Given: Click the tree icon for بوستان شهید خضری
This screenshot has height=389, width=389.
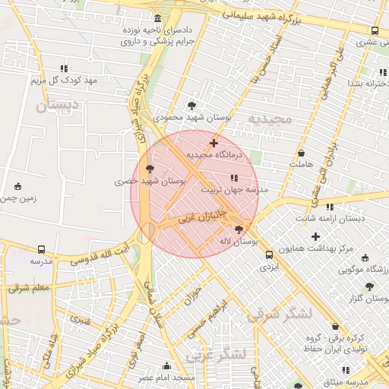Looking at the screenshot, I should point(150,168).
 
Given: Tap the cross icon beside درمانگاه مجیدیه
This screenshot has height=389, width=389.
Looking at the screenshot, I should point(213,142).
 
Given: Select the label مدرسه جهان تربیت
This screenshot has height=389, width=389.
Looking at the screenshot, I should point(235,191).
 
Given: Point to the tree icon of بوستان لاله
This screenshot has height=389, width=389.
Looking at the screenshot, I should point(240,229).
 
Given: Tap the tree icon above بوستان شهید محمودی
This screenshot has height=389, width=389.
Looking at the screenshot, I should point(191,106).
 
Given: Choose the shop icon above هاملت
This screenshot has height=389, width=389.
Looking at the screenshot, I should point(301,152).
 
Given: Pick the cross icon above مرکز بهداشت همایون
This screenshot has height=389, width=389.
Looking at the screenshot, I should point(315,236).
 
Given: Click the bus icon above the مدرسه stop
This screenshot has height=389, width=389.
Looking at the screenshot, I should point(41,248).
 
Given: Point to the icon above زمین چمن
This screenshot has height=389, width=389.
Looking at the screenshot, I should point(18,186).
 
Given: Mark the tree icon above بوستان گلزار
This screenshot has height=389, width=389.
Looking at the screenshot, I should point(369,286).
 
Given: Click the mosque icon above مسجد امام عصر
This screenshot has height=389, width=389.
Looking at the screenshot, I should point(167,365).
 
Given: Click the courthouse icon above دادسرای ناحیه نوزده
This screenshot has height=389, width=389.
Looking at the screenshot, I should point(157,18).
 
